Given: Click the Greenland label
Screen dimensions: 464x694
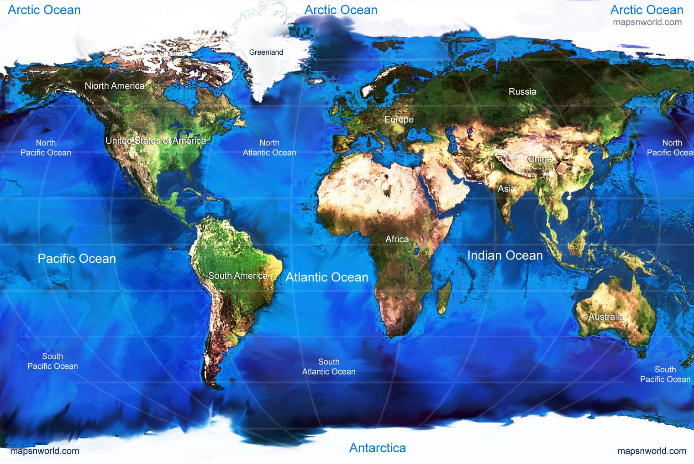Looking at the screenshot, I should (266, 52).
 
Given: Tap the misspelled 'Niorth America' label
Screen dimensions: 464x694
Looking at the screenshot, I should (114, 86).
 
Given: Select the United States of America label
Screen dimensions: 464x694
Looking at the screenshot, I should (155, 141).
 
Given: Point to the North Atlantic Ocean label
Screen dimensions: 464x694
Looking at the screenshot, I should (269, 148).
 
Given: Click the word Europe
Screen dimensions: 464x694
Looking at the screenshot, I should (399, 120).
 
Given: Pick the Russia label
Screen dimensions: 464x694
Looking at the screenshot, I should (522, 92).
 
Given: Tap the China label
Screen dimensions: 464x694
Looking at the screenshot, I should (540, 159).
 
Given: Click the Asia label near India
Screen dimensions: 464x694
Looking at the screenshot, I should (506, 188).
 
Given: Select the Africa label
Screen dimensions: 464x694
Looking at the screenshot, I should (397, 239).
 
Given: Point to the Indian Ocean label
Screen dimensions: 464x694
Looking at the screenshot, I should (505, 255).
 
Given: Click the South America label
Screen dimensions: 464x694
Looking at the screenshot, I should (237, 276).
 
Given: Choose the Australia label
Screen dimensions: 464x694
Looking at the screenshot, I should (605, 317).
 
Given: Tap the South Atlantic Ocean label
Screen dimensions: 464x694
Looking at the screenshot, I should (329, 367).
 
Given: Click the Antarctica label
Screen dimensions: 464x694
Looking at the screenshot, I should (378, 448).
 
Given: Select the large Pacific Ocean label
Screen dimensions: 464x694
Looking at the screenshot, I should (77, 259).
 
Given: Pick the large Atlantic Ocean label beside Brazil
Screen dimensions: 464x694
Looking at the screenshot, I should (326, 277).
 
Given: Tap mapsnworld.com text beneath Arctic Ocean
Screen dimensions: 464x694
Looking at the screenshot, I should (647, 22).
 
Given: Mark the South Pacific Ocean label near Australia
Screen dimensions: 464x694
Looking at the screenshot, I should (665, 375).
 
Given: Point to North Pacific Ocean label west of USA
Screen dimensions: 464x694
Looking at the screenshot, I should (46, 148).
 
